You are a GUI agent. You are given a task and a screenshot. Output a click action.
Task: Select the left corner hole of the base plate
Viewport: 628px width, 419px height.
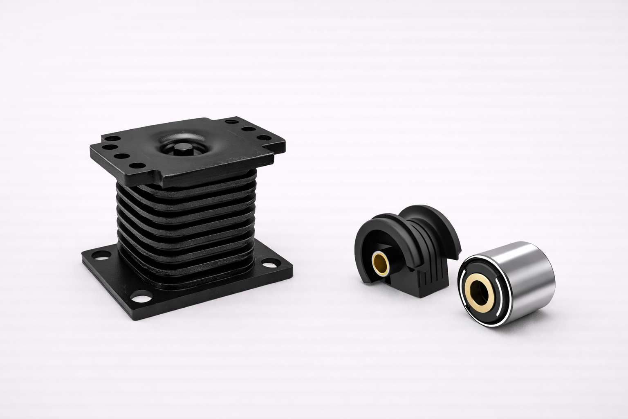pos(96,257)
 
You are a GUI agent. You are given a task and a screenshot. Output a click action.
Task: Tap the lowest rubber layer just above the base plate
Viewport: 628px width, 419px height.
pos(192,282)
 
